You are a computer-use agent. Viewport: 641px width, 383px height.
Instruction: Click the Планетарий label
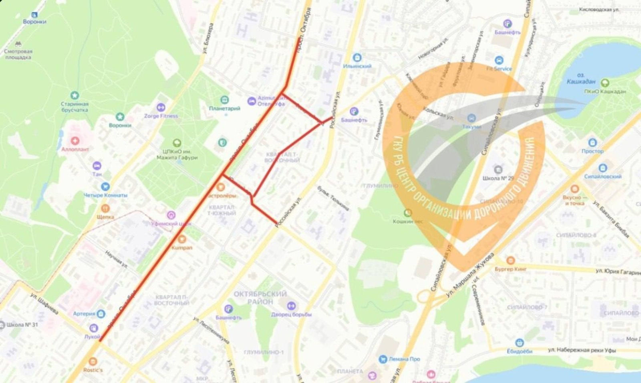224,108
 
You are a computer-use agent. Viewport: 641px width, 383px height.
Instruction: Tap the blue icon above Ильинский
357,58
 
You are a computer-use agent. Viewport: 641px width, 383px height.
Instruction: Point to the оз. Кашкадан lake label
581,78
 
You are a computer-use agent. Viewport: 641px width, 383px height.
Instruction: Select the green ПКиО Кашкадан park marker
605,83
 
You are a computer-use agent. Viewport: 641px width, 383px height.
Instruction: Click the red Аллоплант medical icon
75,141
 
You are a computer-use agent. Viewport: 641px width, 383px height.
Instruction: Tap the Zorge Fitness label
161,116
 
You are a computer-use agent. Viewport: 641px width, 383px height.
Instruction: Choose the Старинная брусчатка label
75,107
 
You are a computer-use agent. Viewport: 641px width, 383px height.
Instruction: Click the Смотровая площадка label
18,54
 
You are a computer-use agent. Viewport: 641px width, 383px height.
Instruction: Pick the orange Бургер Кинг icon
510,261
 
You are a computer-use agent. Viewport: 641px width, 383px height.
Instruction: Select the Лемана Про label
404,359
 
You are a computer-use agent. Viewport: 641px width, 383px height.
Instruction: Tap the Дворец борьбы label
291,315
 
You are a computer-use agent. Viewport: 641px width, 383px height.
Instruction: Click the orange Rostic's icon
93,362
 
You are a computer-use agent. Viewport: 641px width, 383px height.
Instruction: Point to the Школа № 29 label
498,178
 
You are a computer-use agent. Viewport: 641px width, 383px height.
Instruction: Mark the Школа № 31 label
22,324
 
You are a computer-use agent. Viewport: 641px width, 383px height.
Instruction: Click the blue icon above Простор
593,143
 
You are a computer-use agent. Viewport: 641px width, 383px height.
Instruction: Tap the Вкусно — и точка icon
574,189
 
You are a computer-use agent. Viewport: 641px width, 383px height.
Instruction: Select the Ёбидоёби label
520,351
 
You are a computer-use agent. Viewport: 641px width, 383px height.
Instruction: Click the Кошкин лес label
408,221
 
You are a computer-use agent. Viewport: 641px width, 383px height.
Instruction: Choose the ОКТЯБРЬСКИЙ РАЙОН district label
260,298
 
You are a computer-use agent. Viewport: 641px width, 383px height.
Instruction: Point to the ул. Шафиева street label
44,304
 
